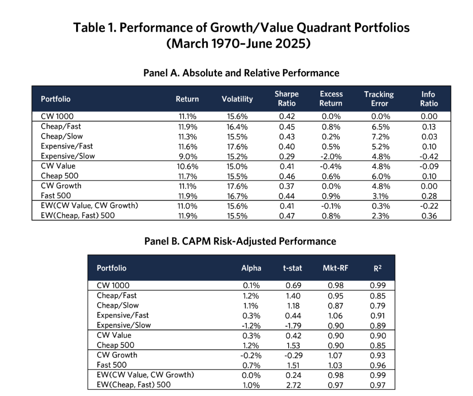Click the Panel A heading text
click(241, 73)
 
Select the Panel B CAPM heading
click(240, 241)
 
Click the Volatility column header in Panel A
click(237, 99)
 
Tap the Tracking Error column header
click(379, 99)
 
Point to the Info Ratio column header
click(429, 99)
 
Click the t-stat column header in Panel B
click(292, 268)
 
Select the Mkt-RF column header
click(335, 268)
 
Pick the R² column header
click(378, 268)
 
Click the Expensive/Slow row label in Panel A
click(68, 156)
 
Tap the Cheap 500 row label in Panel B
click(116, 345)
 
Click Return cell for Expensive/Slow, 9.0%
click(187, 157)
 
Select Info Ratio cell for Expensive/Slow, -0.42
click(429, 157)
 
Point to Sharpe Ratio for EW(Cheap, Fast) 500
click(287, 216)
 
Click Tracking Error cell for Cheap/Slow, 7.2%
click(380, 137)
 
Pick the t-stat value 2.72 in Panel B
click(293, 385)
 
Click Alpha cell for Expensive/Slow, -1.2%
click(251, 326)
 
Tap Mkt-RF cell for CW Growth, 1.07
click(335, 356)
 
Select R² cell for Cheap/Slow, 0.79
click(378, 306)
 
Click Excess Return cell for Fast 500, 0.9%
click(331, 196)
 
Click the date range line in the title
click(238, 43)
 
